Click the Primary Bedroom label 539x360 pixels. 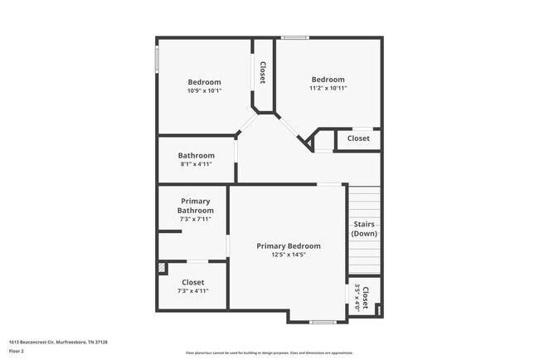tap(289, 246)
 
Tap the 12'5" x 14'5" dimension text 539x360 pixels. tap(289, 255)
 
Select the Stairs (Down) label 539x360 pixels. tap(365, 229)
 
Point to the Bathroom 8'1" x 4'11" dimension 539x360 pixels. tap(197, 164)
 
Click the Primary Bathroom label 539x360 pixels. tap(196, 206)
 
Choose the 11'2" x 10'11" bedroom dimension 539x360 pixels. tap(328, 88)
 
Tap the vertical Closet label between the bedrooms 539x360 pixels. tap(263, 73)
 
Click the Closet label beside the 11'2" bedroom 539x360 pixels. tap(358, 139)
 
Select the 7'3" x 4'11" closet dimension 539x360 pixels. tap(193, 291)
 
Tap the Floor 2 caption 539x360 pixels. tap(17, 351)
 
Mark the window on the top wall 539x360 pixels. tap(294, 37)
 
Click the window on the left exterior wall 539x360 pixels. tap(157, 58)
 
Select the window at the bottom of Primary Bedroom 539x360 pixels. tap(323, 322)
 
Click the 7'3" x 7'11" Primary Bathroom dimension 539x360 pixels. tap(196, 220)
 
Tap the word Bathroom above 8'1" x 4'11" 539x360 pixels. tap(197, 155)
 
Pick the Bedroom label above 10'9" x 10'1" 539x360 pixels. tap(204, 81)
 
